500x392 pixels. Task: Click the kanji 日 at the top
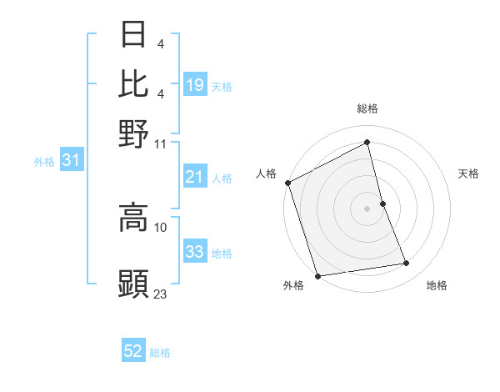(x=133, y=36)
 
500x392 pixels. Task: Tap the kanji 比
(x=133, y=84)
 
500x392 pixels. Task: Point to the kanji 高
(x=133, y=218)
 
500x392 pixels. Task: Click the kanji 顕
(x=133, y=284)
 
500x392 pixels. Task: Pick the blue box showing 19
(x=195, y=85)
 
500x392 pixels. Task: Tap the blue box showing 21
(x=195, y=177)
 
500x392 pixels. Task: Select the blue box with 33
(x=195, y=253)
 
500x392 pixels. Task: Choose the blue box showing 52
(x=133, y=352)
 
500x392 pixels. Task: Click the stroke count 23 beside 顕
(x=161, y=294)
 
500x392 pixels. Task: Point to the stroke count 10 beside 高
(x=161, y=227)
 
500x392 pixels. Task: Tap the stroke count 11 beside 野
(x=161, y=143)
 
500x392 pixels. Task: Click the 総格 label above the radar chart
(x=367, y=108)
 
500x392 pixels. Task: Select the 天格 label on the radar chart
(x=469, y=173)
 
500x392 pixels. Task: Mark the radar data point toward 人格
(x=287, y=183)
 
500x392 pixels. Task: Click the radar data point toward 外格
(x=317, y=276)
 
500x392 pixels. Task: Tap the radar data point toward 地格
(x=407, y=264)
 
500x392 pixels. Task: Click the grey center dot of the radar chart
(x=367, y=209)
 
